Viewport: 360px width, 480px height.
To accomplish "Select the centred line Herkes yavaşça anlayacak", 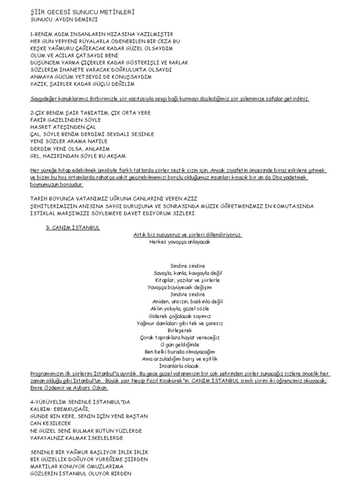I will coord(180,242).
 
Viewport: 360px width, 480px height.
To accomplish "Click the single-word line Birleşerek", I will coord(180,330).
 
